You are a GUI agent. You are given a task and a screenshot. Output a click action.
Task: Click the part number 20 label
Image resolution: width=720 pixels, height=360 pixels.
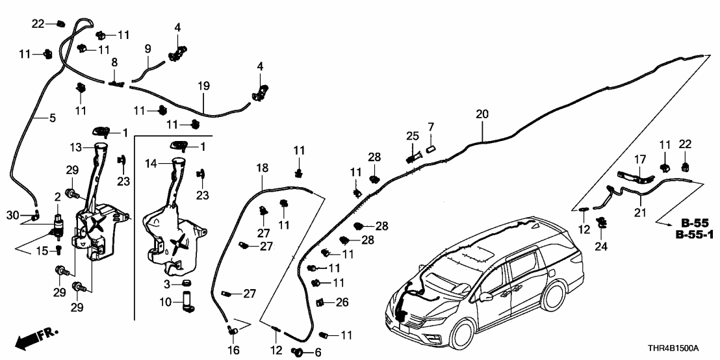pyautogui.click(x=481, y=114)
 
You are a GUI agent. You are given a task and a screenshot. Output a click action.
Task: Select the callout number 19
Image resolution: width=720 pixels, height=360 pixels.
pyautogui.click(x=203, y=85)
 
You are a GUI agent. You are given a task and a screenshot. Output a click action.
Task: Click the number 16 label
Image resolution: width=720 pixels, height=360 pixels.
pyautogui.click(x=234, y=351)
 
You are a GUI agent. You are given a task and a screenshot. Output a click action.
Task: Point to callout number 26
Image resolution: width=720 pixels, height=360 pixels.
pyautogui.click(x=342, y=302)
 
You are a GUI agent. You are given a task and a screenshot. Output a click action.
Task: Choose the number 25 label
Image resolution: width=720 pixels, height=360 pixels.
pyautogui.click(x=413, y=136)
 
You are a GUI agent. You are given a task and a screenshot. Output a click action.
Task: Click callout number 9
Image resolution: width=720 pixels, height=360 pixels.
pyautogui.click(x=148, y=49)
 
